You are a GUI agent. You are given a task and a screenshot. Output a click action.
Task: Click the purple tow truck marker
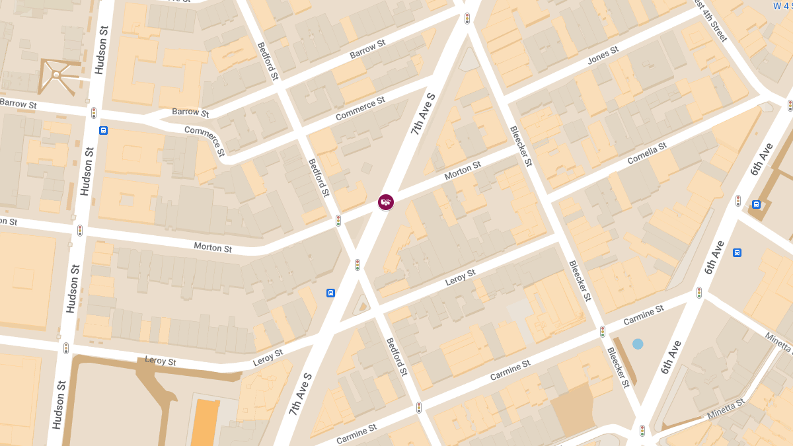[386, 202]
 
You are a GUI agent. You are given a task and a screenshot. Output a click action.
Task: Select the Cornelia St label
[648, 155]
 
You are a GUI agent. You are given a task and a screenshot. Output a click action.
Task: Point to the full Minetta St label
[726, 409]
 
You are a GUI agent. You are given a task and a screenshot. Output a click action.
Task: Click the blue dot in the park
[638, 344]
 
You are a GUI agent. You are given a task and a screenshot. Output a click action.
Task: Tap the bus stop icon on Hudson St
[104, 130]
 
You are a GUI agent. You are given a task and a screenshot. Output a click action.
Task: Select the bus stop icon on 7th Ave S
[330, 293]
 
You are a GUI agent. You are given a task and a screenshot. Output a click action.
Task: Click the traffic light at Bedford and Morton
[338, 220]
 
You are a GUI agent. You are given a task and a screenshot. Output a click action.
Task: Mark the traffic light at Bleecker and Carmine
[603, 331]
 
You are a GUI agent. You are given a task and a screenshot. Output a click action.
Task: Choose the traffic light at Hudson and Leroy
[66, 348]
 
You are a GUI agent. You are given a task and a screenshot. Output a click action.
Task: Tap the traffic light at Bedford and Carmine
[419, 408]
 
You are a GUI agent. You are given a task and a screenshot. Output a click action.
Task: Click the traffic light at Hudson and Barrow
[94, 113]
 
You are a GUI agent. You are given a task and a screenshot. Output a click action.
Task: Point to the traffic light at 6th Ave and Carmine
[699, 292]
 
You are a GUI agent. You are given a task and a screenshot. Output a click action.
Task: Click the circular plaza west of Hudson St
[56, 75]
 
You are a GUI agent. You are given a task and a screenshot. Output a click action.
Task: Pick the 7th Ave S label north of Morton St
[423, 114]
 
